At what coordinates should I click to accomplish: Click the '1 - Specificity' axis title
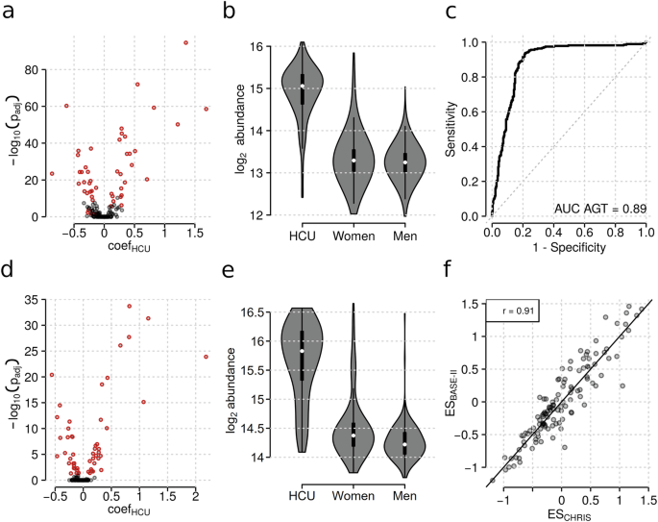[x=569, y=249]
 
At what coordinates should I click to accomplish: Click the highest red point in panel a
[x=185, y=43]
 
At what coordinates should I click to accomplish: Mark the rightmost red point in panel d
[x=206, y=357]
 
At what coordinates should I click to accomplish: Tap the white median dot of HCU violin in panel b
[x=302, y=87]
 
